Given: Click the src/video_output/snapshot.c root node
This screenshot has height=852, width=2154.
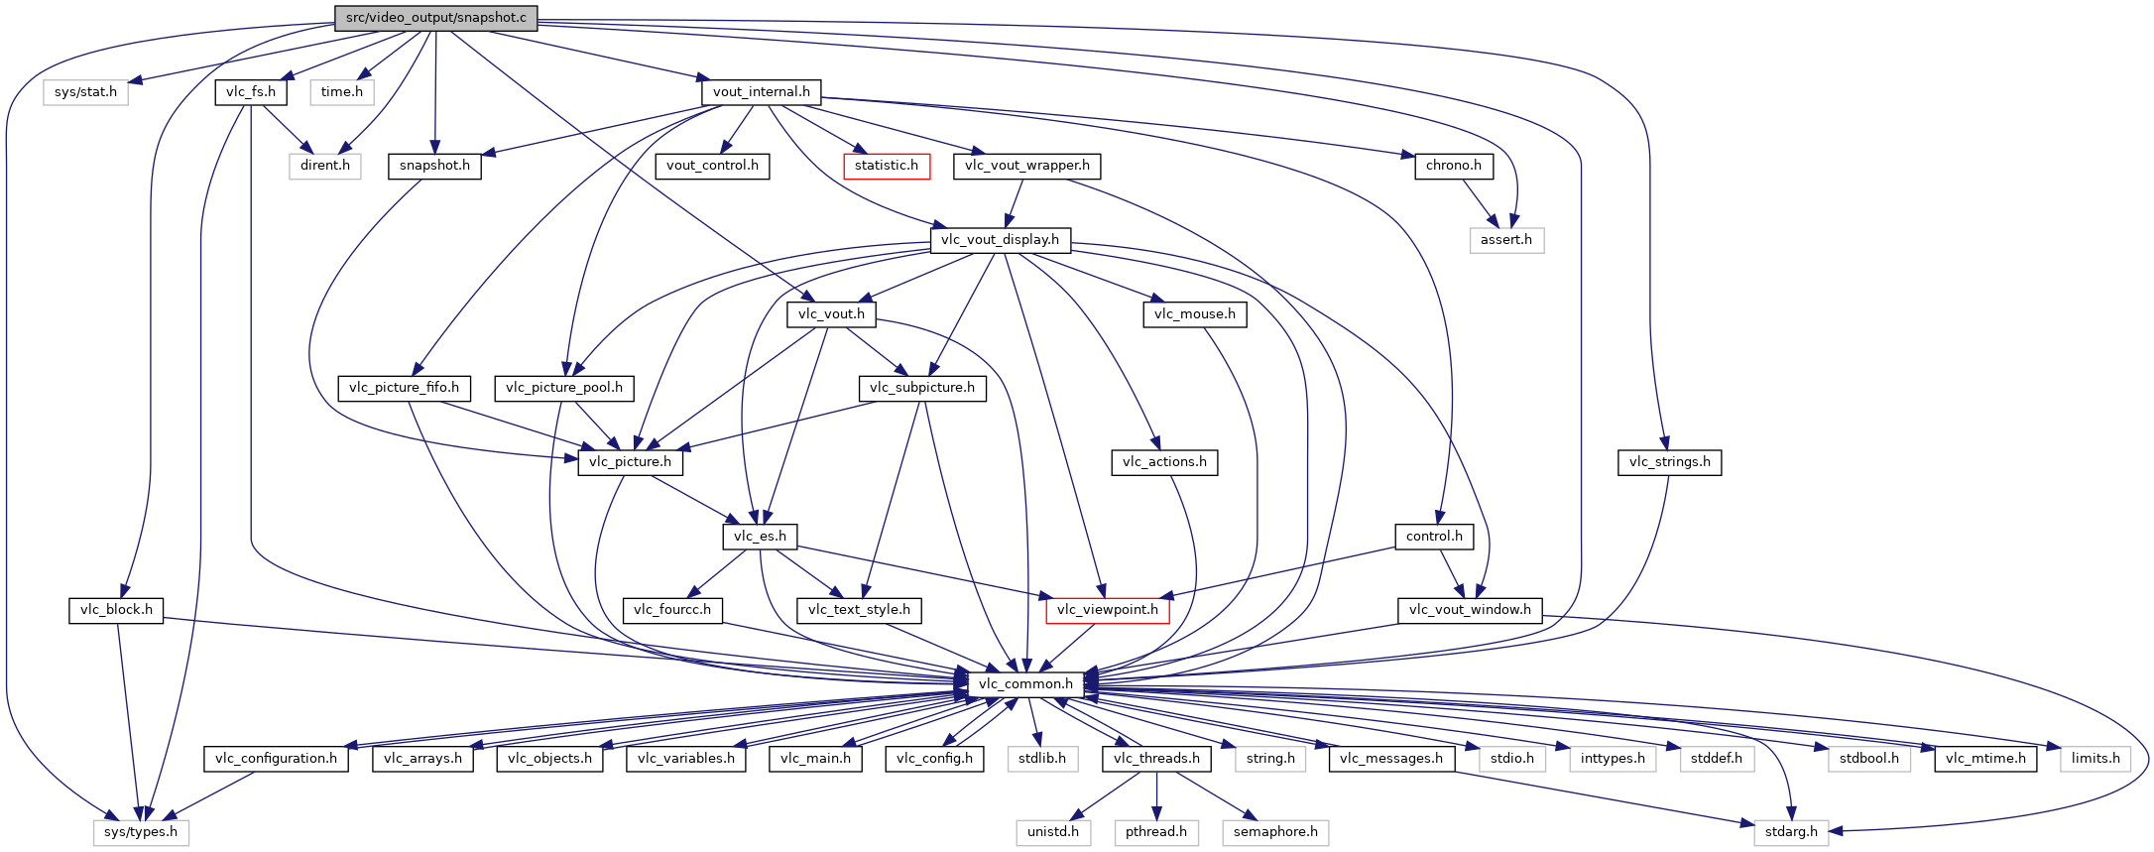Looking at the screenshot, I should tap(435, 18).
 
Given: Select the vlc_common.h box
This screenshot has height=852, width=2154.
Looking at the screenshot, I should tap(1025, 683).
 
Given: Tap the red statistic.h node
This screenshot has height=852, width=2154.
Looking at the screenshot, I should tap(887, 166).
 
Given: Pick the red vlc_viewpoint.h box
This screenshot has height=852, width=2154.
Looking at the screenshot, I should tap(1107, 610).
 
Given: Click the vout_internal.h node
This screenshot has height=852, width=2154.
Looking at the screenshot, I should tap(761, 92).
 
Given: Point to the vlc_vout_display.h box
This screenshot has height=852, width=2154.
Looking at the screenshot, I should tap(1000, 240).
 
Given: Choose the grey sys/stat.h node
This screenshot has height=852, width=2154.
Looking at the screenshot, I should tap(85, 92).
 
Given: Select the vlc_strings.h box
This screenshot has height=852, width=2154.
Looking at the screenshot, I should tap(1669, 462).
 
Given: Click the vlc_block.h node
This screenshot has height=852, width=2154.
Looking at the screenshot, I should tap(116, 610).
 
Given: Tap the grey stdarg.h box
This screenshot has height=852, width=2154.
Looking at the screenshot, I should tap(1791, 832).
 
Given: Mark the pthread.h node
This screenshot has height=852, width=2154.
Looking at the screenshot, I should tap(1155, 832).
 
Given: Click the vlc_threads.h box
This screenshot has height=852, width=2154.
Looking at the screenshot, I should tap(1156, 759).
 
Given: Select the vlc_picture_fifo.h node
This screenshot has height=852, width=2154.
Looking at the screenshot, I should tap(404, 388).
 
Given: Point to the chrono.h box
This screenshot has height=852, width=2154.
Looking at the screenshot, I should tap(1453, 166).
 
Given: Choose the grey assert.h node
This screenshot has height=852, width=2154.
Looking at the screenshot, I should tap(1505, 240).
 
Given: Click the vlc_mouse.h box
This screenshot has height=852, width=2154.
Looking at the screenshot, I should tap(1195, 314).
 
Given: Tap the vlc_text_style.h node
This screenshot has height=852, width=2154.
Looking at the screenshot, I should tap(859, 610).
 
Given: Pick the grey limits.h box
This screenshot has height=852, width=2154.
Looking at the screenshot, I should tap(2094, 759).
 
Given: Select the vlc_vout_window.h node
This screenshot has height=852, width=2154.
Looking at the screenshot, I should tap(1469, 610).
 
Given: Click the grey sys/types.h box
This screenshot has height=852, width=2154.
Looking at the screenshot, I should tap(141, 832).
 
